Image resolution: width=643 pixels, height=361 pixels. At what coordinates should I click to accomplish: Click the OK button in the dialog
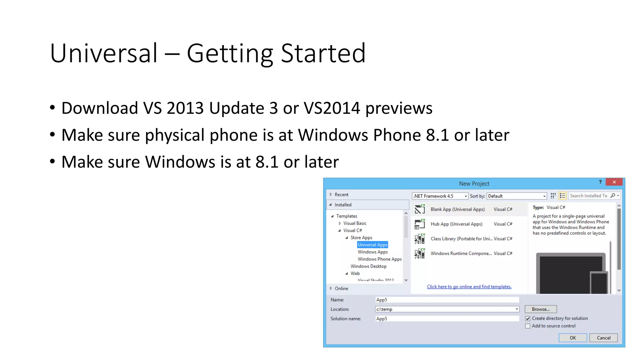(573, 338)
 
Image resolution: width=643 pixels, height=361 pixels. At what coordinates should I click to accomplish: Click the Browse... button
(541, 309)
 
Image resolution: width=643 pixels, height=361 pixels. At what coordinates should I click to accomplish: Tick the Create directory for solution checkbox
(528, 318)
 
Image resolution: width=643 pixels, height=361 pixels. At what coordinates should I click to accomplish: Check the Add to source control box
(528, 326)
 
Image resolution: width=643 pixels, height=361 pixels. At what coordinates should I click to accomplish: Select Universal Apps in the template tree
(372, 245)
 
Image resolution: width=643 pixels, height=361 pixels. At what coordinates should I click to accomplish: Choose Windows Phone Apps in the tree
(380, 259)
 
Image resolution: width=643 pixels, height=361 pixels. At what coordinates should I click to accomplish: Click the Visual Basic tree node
(355, 223)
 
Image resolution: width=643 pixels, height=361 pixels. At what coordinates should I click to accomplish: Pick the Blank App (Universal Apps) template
(457, 209)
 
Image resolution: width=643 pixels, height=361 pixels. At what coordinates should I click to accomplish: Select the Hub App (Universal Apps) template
(456, 224)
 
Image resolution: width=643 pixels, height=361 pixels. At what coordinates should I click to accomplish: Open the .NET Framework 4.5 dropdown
(440, 196)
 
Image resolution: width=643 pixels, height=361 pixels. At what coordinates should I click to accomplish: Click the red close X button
(614, 182)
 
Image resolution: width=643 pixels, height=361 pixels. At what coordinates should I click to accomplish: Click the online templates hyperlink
(469, 287)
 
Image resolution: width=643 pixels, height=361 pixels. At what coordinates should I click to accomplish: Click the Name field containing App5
(447, 300)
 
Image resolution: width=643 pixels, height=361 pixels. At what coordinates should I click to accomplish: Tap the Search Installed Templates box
(589, 196)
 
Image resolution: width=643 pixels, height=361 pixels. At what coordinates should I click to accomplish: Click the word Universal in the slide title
(104, 53)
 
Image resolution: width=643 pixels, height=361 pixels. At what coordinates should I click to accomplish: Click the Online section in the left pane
(341, 289)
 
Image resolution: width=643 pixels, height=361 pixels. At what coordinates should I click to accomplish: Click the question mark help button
(600, 182)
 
